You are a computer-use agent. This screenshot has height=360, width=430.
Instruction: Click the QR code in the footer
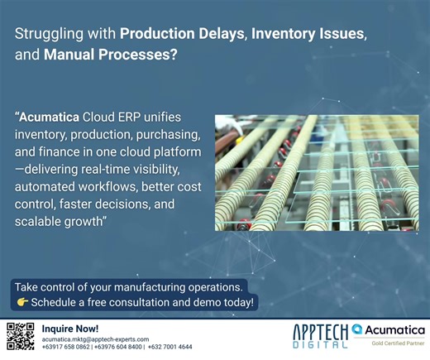coord(21,337)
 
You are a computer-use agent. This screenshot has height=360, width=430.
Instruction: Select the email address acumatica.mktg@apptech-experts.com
coord(95,339)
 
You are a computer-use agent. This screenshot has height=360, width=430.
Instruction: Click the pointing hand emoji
coord(22,303)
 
